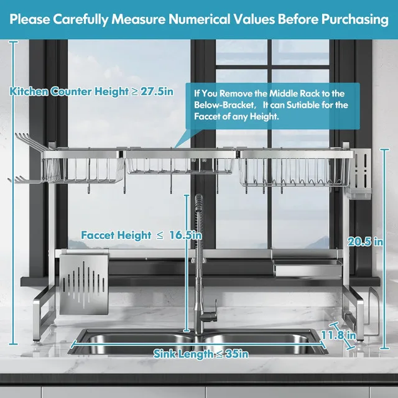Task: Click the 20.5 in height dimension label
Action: click(x=365, y=241)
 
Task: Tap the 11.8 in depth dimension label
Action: click(x=338, y=335)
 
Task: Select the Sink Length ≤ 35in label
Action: click(x=201, y=354)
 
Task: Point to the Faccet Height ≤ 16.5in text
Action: click(x=141, y=235)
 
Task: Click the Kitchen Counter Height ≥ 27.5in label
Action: click(x=91, y=91)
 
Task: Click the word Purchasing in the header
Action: click(x=355, y=19)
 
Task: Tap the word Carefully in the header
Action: click(x=81, y=19)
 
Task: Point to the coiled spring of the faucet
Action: click(x=199, y=223)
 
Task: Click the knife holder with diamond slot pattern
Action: click(x=83, y=284)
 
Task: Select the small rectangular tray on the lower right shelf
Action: click(x=308, y=267)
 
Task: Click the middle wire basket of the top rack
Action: click(x=180, y=165)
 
